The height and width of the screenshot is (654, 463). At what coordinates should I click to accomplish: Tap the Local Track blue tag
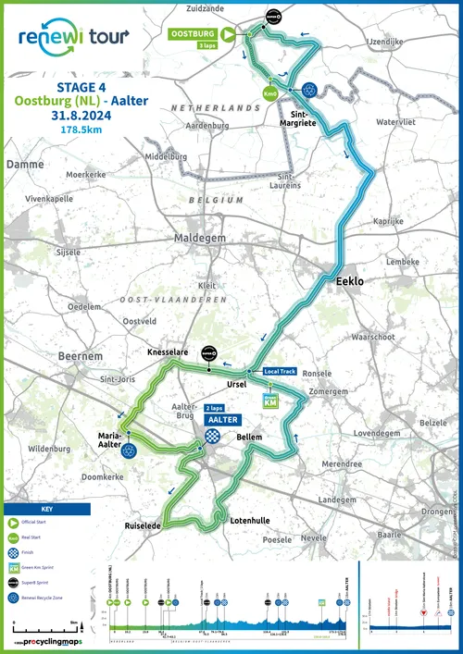[x=280, y=371]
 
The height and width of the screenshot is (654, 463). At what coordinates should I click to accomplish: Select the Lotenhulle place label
[x=250, y=520]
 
